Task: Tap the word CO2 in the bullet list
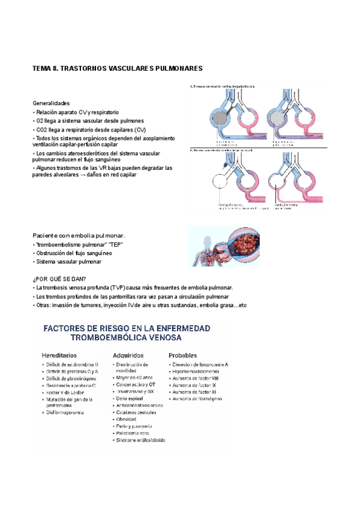[43, 130]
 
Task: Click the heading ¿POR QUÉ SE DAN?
[59, 279]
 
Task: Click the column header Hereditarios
[63, 355]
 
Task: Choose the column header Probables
[182, 355]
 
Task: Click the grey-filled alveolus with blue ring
[220, 119]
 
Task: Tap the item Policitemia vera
[133, 433]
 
